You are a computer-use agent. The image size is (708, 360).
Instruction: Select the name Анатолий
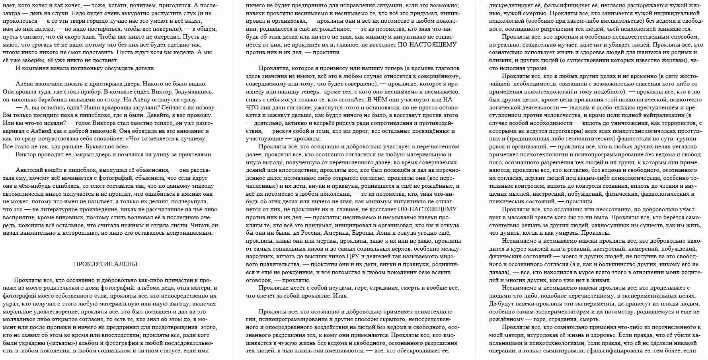29,170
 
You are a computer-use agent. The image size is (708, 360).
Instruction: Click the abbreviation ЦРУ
353,257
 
